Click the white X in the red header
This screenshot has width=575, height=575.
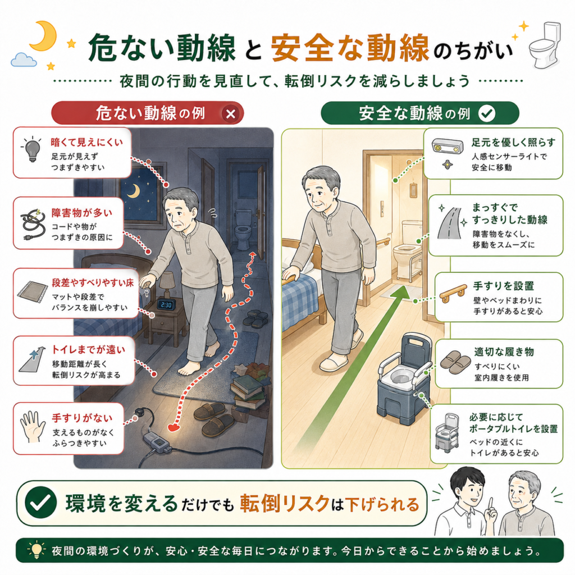(x=231, y=114)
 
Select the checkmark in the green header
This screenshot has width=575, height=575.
(x=487, y=113)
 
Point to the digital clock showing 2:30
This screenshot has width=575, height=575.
(x=166, y=305)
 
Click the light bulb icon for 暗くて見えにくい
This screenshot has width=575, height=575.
(x=32, y=149)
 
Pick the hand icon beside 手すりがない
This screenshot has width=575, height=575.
(x=33, y=427)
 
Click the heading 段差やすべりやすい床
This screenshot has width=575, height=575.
(x=93, y=283)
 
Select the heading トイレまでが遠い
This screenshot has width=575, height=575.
(x=88, y=349)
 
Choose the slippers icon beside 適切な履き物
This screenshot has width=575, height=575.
(x=455, y=362)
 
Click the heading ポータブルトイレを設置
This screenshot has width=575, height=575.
(x=513, y=428)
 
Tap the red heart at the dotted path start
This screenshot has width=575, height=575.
(x=174, y=427)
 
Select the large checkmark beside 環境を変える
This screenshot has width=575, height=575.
(x=40, y=503)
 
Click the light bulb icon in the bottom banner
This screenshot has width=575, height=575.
(x=36, y=550)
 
